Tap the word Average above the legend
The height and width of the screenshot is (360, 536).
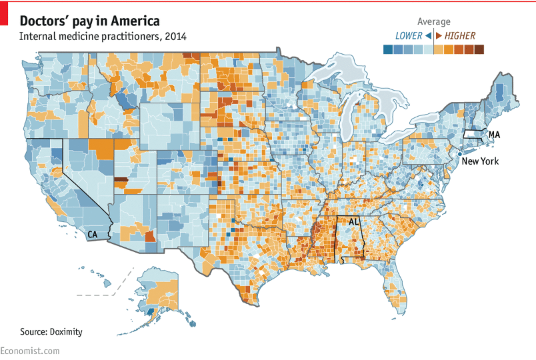tap(433, 22)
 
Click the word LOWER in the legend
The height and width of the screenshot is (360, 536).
tap(409, 35)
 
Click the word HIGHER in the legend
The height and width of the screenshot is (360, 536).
tap(460, 35)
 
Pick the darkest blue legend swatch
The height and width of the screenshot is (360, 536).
tap(388, 49)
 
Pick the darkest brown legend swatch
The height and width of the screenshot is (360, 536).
tap(479, 49)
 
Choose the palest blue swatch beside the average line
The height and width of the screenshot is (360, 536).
tap(428, 49)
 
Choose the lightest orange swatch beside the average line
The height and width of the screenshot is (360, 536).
tap(439, 49)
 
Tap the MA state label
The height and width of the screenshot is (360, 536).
tap(494, 135)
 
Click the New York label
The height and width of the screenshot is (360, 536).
tap(480, 161)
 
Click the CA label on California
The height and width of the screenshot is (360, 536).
tap(92, 235)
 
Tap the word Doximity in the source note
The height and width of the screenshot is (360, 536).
tap(71, 331)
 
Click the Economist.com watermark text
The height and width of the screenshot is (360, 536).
tap(30, 351)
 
